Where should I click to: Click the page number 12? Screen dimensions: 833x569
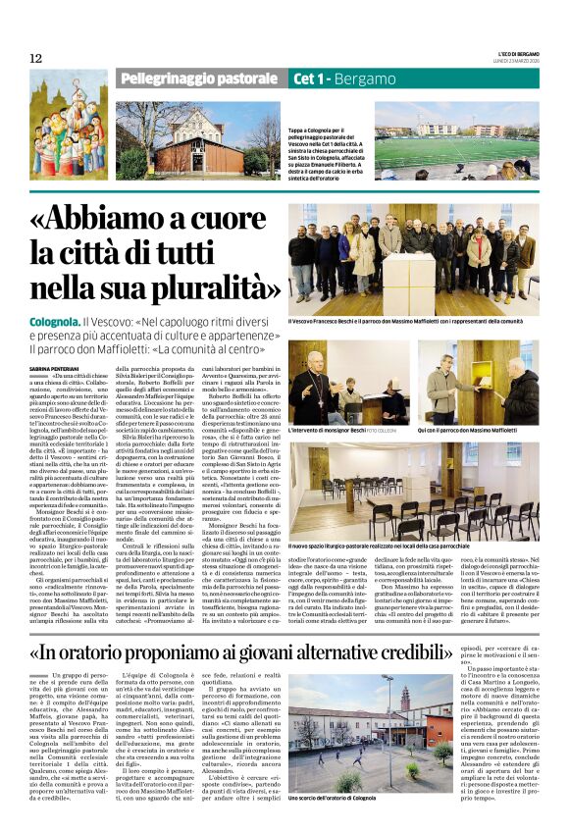(35, 58)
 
